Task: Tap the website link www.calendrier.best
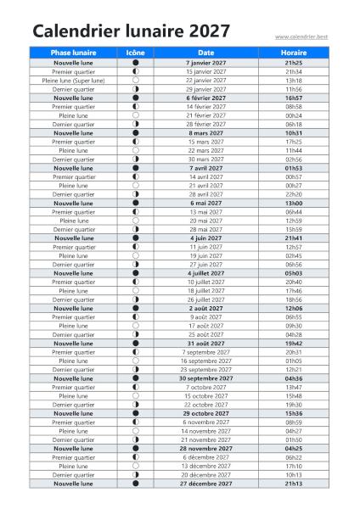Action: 301,36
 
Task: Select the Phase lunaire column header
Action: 74,53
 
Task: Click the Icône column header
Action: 135,53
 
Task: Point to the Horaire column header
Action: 294,53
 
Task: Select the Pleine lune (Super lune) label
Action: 74,81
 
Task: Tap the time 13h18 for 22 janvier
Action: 294,81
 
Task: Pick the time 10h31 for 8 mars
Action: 294,133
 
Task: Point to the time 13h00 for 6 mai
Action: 294,203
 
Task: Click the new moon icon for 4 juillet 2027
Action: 135,273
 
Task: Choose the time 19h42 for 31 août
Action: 294,344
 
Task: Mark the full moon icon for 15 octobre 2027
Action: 135,396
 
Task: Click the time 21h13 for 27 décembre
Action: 294,484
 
